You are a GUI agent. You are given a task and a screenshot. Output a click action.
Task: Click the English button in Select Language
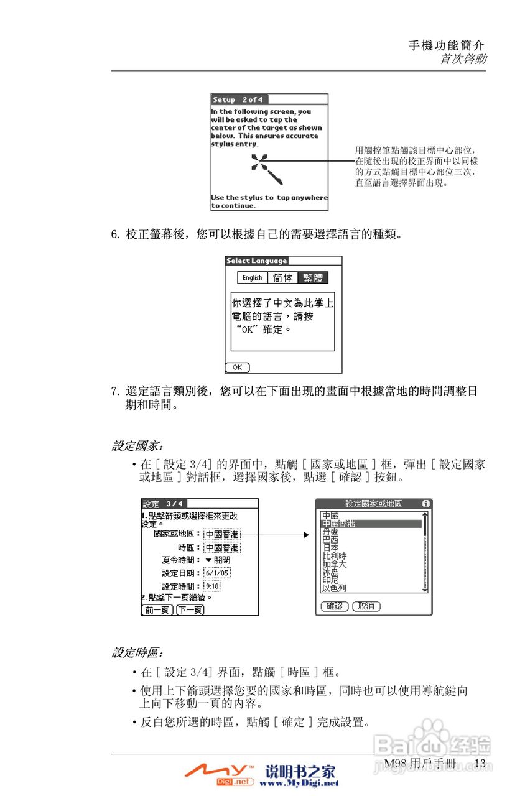[253, 278]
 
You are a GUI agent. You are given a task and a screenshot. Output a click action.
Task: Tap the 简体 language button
[282, 278]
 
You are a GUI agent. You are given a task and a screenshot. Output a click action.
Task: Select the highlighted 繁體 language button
[312, 278]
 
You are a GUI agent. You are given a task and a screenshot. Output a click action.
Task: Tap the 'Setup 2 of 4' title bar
[237, 99]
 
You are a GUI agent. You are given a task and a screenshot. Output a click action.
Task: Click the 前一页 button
[157, 610]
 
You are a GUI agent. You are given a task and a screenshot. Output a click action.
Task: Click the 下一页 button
[190, 610]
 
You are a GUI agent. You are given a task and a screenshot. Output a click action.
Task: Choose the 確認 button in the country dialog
[334, 606]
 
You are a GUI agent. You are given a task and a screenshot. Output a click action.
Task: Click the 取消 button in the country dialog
[366, 606]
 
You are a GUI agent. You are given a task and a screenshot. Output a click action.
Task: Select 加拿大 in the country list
[334, 564]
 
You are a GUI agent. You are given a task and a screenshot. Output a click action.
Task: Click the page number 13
[480, 763]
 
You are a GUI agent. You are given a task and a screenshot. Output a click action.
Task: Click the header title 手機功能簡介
[446, 45]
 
